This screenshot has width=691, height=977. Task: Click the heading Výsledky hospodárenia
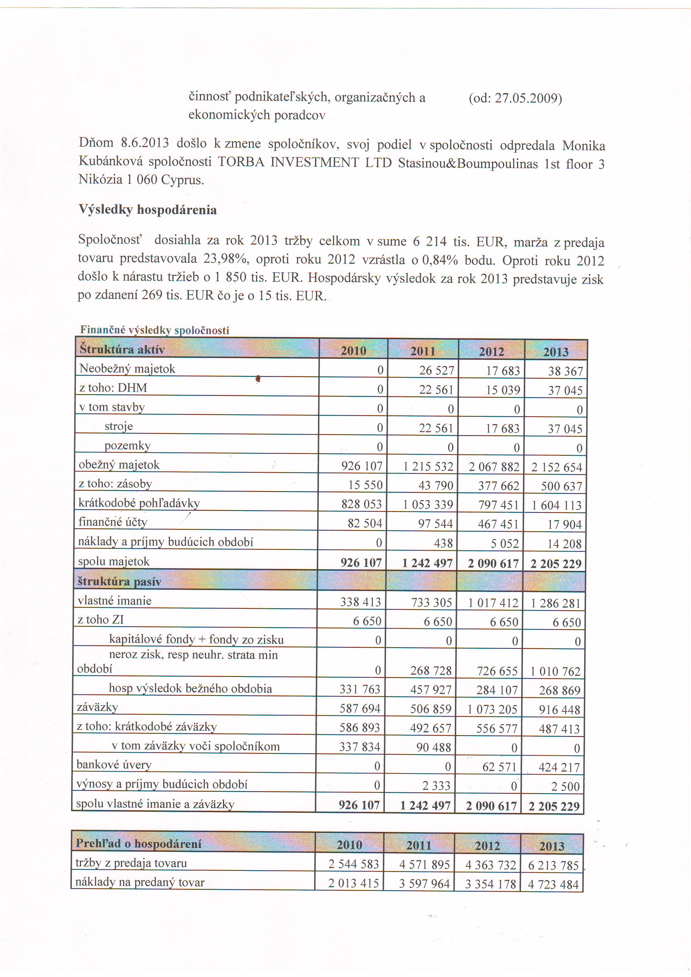coord(148,210)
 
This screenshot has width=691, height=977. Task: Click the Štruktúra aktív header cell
coord(122,349)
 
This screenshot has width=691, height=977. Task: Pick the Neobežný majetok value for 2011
coord(437,371)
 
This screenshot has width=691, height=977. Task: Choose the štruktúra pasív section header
coord(120,581)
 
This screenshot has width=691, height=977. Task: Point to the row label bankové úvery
coord(114,765)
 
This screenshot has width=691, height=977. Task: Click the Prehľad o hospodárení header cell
coord(139,843)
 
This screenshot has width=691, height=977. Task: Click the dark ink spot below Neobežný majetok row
coord(258,378)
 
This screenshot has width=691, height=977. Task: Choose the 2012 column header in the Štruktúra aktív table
coord(492,352)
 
